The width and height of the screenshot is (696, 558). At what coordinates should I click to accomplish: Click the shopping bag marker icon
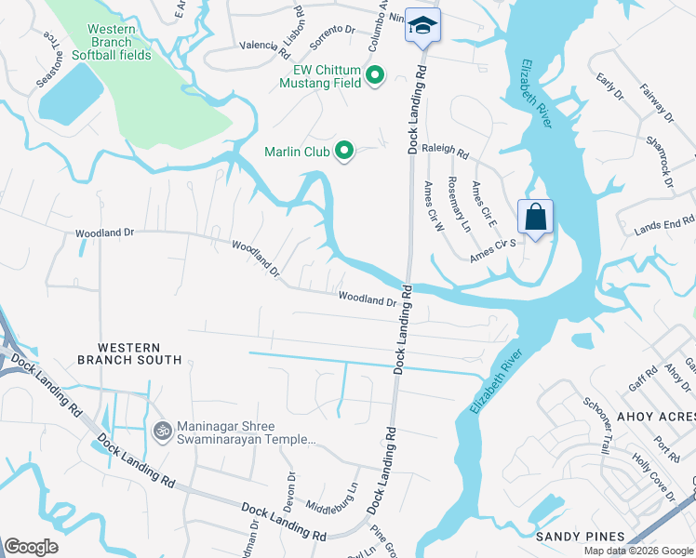[x=535, y=218]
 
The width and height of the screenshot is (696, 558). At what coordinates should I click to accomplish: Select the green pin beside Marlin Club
[x=344, y=151]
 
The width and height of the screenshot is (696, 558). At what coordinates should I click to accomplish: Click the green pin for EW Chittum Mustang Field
[x=375, y=75]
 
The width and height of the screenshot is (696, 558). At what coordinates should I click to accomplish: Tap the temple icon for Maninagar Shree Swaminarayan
[x=161, y=431]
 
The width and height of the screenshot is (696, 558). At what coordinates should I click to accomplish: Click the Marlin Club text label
[x=297, y=152]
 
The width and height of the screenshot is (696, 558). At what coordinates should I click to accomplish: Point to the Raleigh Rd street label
[x=445, y=148]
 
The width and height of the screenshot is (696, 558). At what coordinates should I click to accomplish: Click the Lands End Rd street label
[x=664, y=226]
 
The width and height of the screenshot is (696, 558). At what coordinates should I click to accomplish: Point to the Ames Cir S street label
[x=492, y=248]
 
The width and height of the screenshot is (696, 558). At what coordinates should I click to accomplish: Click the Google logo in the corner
[x=31, y=547]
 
